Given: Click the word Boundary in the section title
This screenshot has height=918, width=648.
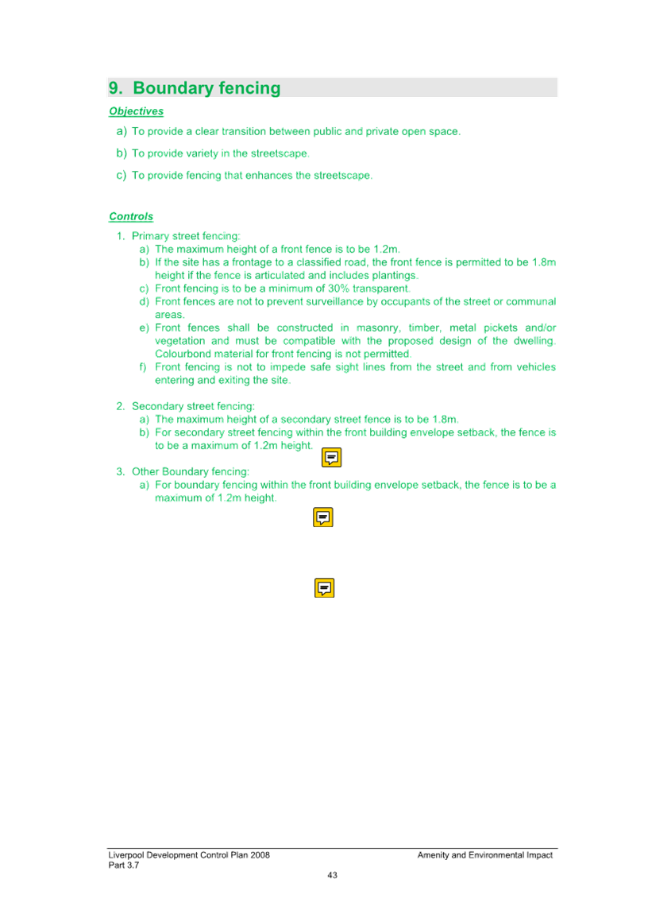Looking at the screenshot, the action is click(x=173, y=87).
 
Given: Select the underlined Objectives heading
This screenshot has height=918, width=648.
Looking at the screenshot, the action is click(x=137, y=111).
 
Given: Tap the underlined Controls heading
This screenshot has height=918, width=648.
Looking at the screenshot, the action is click(x=131, y=217).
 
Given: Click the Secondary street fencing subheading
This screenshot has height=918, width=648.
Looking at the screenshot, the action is click(x=193, y=406).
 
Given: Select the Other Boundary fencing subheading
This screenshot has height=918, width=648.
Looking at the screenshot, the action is click(x=190, y=471).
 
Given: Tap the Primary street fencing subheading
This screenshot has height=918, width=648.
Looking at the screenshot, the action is click(x=186, y=236).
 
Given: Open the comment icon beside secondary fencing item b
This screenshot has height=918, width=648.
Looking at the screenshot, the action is click(x=332, y=457).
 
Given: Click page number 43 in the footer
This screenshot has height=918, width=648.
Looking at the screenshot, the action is click(x=332, y=875).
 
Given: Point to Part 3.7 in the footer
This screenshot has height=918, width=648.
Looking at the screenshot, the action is click(x=123, y=866).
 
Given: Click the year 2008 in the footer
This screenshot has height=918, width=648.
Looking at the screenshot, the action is click(x=260, y=855).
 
